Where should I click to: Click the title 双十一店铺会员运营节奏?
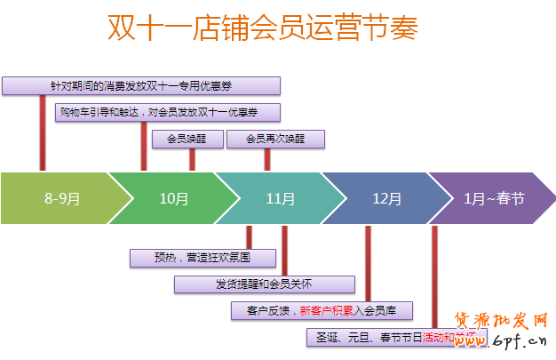[x=262, y=28]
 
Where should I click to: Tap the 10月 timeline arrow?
[x=173, y=198]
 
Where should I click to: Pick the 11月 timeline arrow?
[x=280, y=198]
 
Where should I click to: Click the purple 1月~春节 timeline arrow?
[x=493, y=198]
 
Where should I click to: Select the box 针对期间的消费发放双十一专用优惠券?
[x=141, y=85]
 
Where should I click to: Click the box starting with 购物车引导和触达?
[x=168, y=112]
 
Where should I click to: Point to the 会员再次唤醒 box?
[x=275, y=139]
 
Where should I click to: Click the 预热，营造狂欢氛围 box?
[x=203, y=258]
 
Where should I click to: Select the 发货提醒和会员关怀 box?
[x=265, y=284]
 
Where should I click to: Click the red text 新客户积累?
[x=329, y=311]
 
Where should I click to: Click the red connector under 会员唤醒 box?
[x=192, y=159]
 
